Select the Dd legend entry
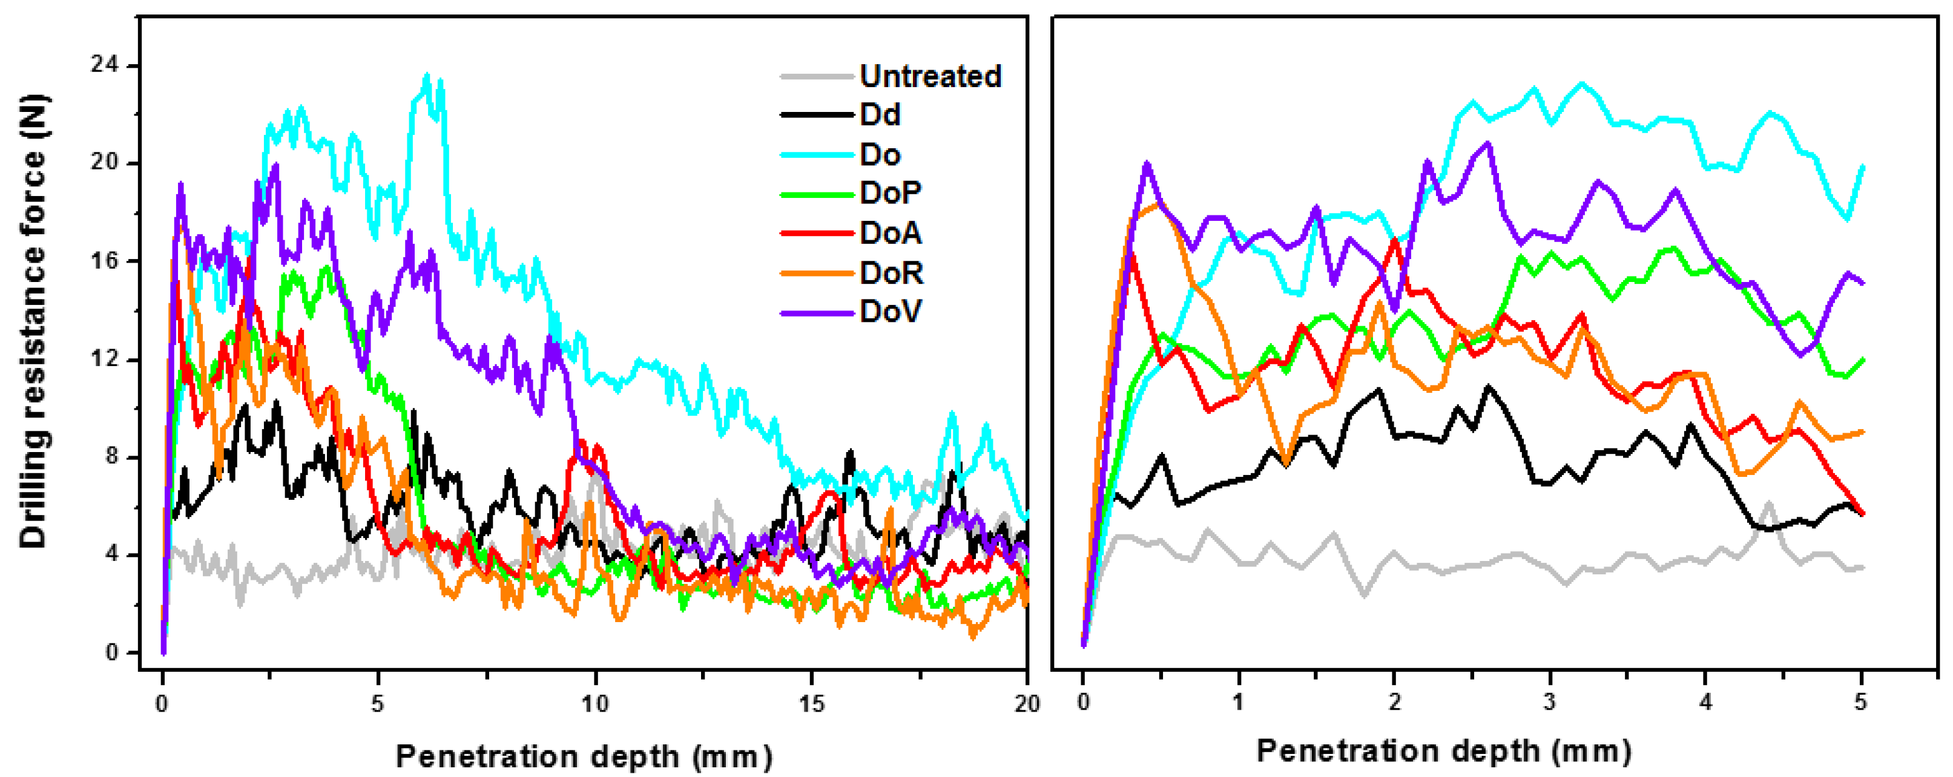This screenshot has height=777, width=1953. (x=880, y=114)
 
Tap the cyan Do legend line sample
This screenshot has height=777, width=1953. (x=817, y=155)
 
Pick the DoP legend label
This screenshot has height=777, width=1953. (x=890, y=193)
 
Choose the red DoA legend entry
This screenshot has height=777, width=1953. (x=890, y=233)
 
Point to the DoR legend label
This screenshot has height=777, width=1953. (x=891, y=272)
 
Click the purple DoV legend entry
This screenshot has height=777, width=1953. (x=890, y=311)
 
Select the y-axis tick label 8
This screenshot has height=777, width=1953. (x=111, y=456)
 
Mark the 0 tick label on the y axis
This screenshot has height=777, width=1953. (x=111, y=652)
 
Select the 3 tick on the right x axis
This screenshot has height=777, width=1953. (x=1549, y=702)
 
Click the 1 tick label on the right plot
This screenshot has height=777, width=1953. (x=1238, y=702)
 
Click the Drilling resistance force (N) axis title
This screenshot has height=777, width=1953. (x=33, y=321)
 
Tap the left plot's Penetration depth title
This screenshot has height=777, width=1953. (x=584, y=756)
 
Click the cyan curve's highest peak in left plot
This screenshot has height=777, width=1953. (x=427, y=75)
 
